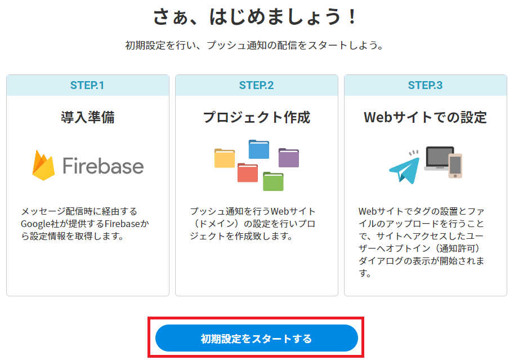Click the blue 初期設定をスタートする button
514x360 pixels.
(x=256, y=338)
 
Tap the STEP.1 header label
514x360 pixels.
(x=87, y=85)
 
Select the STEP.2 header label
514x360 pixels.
(x=256, y=85)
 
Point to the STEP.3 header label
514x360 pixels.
(x=425, y=85)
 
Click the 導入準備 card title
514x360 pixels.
(x=87, y=117)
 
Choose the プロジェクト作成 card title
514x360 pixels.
(x=256, y=117)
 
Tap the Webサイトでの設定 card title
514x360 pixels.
(x=425, y=117)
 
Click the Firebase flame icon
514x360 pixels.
(x=43, y=166)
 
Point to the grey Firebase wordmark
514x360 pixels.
(x=103, y=166)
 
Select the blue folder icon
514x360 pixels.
(x=258, y=149)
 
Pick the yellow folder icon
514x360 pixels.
(x=225, y=158)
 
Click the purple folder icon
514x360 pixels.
(x=288, y=158)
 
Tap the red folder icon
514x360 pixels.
(x=248, y=172)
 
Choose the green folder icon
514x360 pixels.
(x=273, y=181)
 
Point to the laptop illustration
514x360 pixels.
(x=438, y=158)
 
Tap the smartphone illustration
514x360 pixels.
(x=455, y=166)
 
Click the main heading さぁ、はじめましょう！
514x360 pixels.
(x=255, y=16)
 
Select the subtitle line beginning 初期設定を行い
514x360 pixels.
(x=254, y=45)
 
